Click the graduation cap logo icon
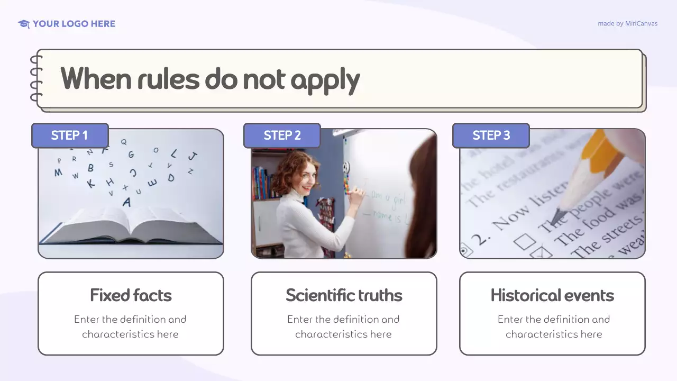[x=24, y=24]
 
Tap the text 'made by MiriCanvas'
[x=627, y=24]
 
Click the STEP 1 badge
[x=70, y=135]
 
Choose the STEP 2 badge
[x=282, y=135]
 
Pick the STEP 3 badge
[x=491, y=135]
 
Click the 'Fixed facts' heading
[x=131, y=295]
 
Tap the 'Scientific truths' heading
[x=344, y=295]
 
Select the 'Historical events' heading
[x=552, y=295]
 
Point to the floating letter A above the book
[x=126, y=202]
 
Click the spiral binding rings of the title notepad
[x=36, y=79]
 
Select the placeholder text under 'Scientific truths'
[x=344, y=326]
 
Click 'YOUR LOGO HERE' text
[x=74, y=24]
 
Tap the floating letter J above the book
[x=193, y=156]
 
